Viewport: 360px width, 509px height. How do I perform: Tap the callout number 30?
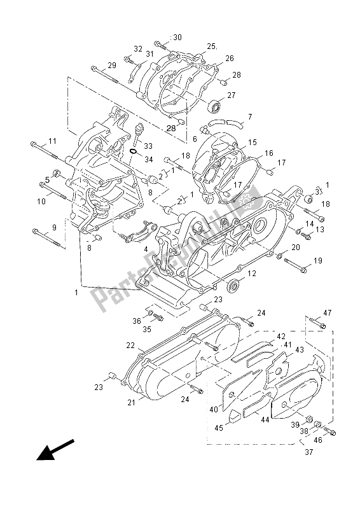coord(177,37)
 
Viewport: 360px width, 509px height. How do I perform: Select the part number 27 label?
coord(231,95)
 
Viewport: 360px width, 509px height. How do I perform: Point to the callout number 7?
coord(232,117)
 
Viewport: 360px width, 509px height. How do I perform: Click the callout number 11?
coord(52,141)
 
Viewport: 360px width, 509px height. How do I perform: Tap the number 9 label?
coord(54,227)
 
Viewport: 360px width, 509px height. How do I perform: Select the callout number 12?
coord(252,274)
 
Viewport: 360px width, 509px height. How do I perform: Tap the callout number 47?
coord(328,312)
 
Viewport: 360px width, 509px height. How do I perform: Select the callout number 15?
coord(252,143)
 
